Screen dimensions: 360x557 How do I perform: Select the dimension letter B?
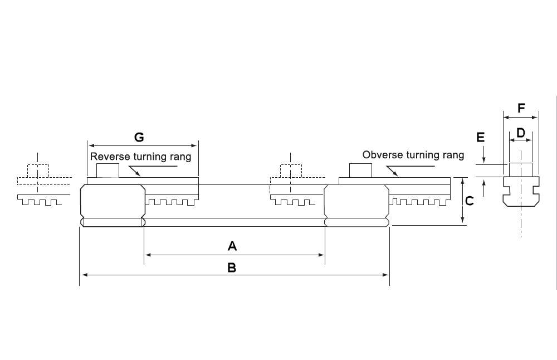[x=232, y=267]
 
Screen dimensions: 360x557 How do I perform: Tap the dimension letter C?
[x=470, y=201]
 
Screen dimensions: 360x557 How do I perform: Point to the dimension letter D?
[x=521, y=133]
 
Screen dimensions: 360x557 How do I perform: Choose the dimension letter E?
[x=481, y=137]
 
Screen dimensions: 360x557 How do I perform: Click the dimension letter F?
[x=521, y=108]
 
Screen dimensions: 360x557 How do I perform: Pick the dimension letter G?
[x=139, y=137]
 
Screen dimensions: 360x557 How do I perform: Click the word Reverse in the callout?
[x=109, y=157]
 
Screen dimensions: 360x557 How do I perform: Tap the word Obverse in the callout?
[x=380, y=155]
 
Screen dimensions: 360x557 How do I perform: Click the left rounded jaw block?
[x=113, y=205]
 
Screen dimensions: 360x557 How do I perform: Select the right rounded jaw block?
[x=357, y=205]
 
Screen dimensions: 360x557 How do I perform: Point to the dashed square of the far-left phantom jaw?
[x=38, y=171]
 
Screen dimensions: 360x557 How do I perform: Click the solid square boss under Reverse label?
[x=108, y=170]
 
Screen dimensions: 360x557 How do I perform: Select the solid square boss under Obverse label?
[x=361, y=170]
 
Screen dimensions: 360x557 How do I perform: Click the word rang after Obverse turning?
[x=452, y=155]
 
